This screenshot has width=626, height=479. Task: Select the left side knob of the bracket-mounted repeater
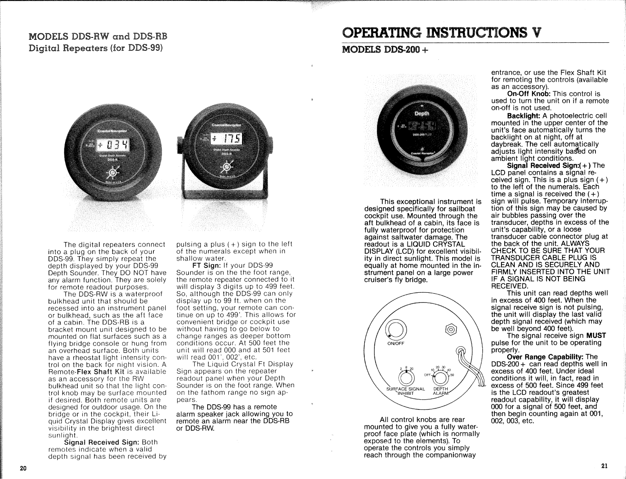(179, 142)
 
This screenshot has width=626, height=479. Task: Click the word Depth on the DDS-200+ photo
(422, 113)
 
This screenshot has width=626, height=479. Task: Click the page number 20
(23, 468)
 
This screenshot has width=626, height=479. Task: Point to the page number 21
(604, 466)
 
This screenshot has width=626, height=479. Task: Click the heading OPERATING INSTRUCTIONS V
(441, 33)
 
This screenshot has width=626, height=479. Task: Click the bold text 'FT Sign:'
(206, 266)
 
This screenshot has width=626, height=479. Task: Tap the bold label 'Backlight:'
(524, 116)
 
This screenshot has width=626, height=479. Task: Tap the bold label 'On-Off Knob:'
(528, 94)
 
